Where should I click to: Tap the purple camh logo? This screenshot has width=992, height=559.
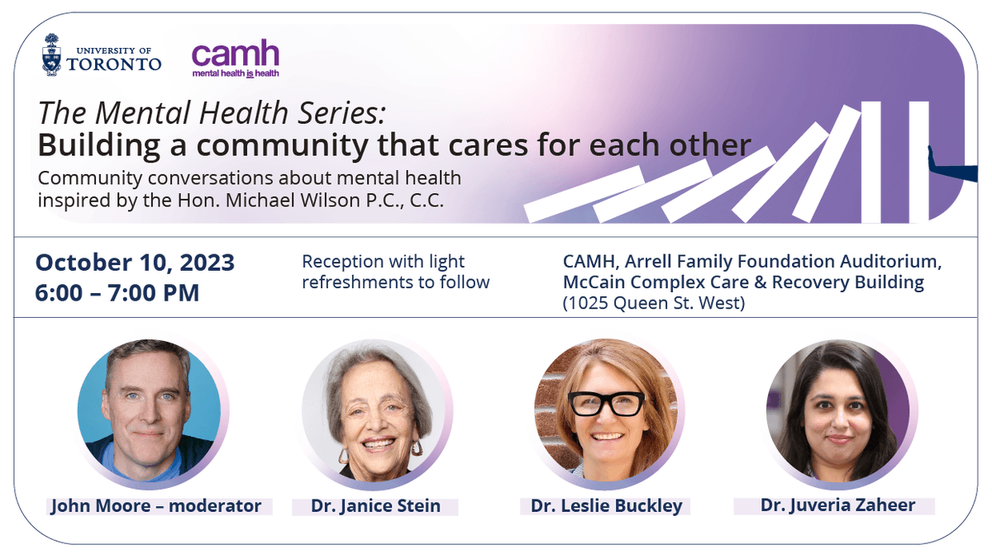[236, 58]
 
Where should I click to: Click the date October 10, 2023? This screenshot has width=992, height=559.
[135, 263]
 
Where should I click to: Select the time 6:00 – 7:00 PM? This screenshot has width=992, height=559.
[117, 292]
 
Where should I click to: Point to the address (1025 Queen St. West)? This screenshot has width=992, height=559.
[654, 303]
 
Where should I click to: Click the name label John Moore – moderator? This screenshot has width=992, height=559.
[155, 505]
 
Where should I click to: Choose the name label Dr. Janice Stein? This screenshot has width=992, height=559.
[376, 505]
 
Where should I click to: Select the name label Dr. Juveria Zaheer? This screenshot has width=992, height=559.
[837, 505]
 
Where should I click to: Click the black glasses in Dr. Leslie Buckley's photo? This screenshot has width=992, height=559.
[606, 403]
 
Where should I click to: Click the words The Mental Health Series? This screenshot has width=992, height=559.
[212, 113]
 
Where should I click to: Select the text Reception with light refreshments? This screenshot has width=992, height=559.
[395, 272]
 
